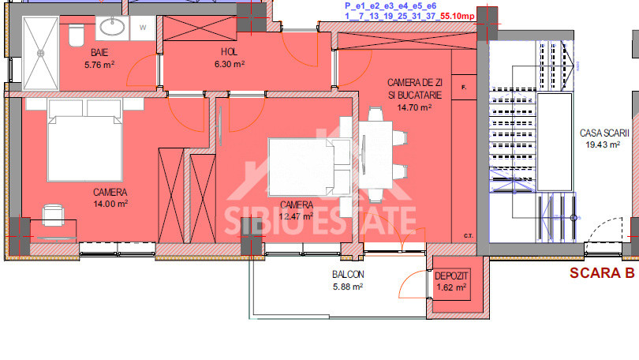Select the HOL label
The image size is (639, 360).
[229, 52]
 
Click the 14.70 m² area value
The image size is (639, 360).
[414, 107]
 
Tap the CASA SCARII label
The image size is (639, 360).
[600, 133]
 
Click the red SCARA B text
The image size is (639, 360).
[602, 274]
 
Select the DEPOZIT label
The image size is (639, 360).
[452, 276]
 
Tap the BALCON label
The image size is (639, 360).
[347, 275]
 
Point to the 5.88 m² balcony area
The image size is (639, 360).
[347, 287]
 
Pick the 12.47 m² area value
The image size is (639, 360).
[297, 216]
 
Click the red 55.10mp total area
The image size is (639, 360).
[458, 15]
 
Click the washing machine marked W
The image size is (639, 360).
[144, 27]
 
